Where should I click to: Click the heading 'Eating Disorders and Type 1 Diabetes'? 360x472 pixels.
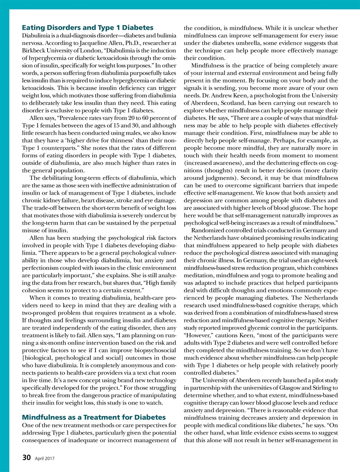pos(87,28)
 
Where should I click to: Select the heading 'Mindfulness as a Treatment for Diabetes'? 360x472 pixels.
pos(94,417)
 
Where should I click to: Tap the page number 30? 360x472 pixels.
pos(26,458)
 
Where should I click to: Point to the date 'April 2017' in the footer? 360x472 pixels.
pos(45,458)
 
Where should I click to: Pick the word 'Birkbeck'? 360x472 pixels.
pos(34,51)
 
